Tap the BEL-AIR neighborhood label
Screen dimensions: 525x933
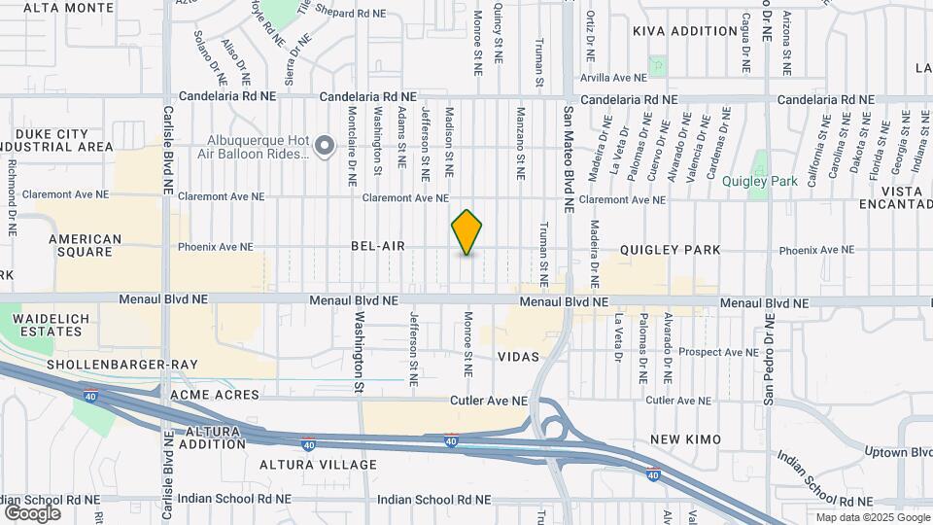coord(378,247)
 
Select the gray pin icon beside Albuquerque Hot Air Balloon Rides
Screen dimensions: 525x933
coord(327,146)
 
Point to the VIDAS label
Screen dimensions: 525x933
coord(518,357)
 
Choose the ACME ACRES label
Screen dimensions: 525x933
coord(215,395)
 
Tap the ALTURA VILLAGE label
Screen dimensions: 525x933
coord(318,465)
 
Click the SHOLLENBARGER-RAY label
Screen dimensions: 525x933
coord(122,365)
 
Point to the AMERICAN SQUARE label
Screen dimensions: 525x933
coord(86,245)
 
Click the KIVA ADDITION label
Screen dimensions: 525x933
coord(685,31)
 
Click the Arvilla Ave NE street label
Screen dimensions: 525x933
coord(613,77)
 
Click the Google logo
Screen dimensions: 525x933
coord(32,512)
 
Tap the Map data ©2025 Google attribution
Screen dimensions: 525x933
coord(872,517)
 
